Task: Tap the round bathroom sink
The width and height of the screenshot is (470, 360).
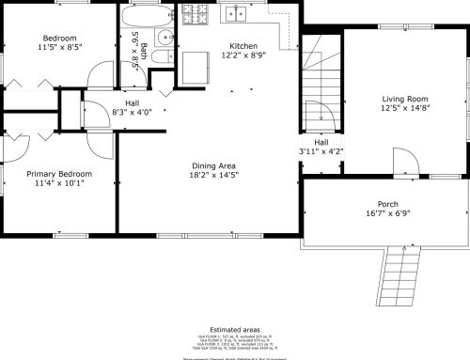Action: tap(165, 38)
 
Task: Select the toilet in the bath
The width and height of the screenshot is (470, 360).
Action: tap(161, 58)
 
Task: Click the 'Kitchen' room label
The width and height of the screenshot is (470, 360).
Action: tap(243, 45)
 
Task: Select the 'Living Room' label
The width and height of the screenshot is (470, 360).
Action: tap(405, 99)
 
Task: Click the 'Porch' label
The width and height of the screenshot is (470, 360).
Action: tap(388, 204)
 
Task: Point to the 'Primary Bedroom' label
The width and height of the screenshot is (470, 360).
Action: tap(59, 174)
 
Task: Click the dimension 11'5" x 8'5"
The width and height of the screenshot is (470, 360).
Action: tap(60, 45)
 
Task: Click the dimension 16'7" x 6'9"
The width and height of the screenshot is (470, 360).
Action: tap(388, 213)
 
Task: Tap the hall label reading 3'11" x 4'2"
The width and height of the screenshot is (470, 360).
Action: tap(321, 150)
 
